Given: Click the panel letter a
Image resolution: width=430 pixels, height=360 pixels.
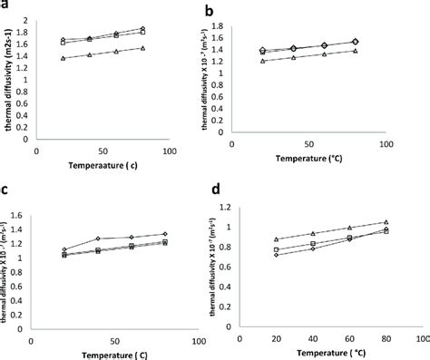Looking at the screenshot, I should [x=6, y=7].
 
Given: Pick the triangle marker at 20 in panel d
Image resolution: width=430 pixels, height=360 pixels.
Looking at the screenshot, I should [x=276, y=239].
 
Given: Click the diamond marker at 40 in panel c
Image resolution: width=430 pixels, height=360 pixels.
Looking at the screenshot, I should [x=98, y=238].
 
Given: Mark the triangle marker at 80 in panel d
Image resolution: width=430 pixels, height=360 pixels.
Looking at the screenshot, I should [x=386, y=221].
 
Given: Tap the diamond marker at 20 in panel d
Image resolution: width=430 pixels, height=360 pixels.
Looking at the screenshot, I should [x=276, y=255].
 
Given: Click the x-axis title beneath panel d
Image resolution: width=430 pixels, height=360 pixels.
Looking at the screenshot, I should [x=333, y=349].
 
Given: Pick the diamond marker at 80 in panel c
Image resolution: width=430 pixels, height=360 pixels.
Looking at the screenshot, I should [x=164, y=234].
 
